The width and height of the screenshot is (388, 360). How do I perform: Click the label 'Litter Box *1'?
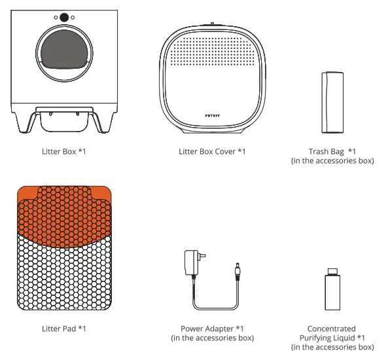coord(64,151)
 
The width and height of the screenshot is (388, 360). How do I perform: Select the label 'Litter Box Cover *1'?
coord(212,151)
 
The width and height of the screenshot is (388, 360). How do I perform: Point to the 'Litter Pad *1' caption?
coord(64,329)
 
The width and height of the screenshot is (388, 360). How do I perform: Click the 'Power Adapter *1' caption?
coord(212,329)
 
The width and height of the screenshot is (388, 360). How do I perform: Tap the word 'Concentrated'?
coord(332,329)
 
